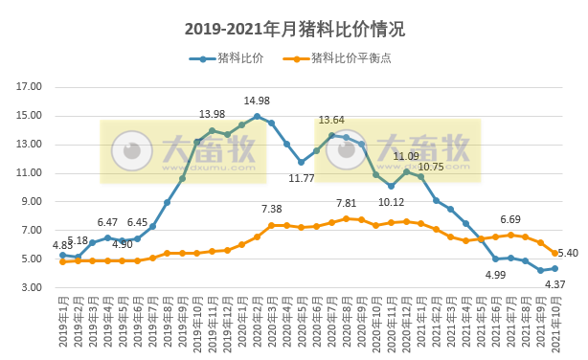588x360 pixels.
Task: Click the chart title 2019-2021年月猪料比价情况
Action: pyautogui.click(x=294, y=29)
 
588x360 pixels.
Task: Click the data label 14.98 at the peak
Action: pyautogui.click(x=257, y=101)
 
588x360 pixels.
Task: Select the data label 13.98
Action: pyautogui.click(x=212, y=115)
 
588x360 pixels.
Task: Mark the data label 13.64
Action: pyautogui.click(x=331, y=121)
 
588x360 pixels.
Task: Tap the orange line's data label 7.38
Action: pyautogui.click(x=272, y=210)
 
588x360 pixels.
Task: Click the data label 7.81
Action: pyautogui.click(x=347, y=203)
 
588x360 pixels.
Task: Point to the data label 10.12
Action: pyautogui.click(x=392, y=202)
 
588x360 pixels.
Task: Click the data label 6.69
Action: pyautogui.click(x=510, y=219)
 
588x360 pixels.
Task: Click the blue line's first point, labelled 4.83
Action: pyautogui.click(x=62, y=255)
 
